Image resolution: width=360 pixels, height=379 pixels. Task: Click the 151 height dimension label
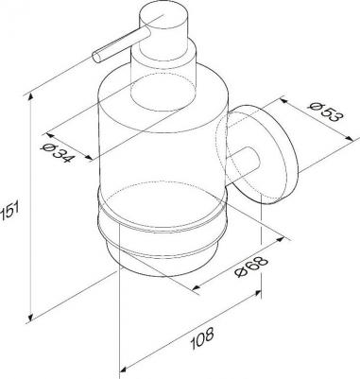[x=6, y=210]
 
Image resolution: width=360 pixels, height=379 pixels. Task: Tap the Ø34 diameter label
[x=58, y=153]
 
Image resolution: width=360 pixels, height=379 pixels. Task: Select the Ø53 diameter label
[x=325, y=112]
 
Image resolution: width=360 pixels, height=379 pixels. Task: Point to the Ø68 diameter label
[x=251, y=267]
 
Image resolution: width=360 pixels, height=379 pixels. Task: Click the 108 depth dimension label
[x=203, y=338]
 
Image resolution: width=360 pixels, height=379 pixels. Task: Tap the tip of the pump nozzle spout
[x=96, y=58]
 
